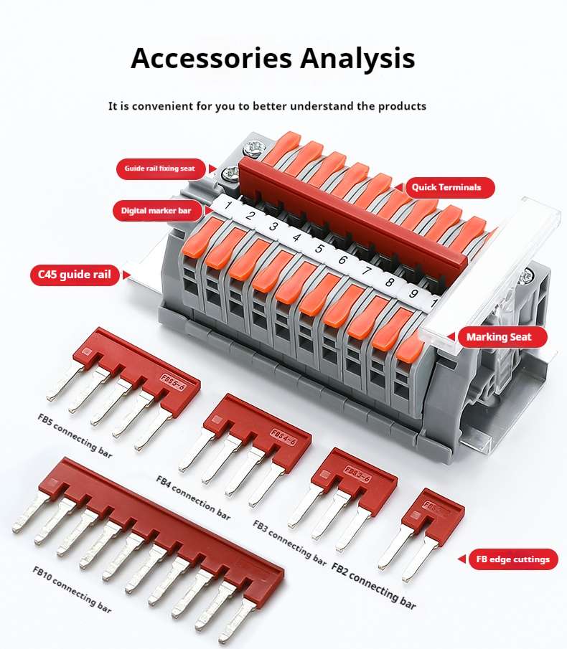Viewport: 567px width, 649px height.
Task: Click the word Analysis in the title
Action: (x=356, y=58)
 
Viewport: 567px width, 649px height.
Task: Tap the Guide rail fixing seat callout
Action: (x=159, y=169)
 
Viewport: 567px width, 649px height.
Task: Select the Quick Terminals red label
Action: (x=446, y=187)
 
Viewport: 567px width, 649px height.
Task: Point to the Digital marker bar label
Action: (x=156, y=211)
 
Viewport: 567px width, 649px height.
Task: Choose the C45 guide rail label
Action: (x=75, y=275)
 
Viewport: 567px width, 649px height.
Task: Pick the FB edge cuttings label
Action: (x=512, y=559)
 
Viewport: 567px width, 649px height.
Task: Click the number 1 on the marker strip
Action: (x=227, y=207)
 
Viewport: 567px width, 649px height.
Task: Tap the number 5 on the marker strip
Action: (x=319, y=250)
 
